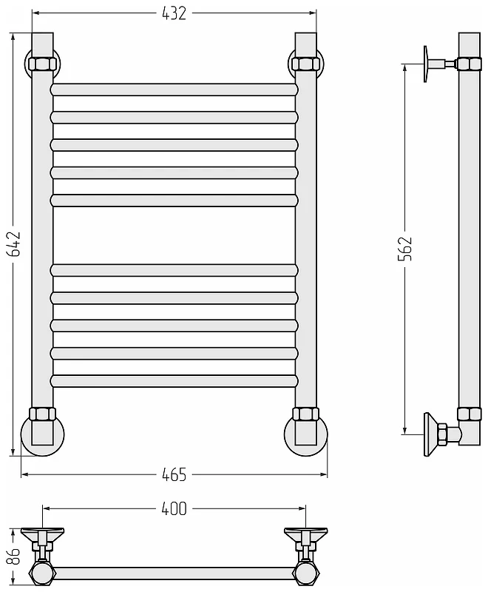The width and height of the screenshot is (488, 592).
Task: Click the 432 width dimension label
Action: [x=174, y=13]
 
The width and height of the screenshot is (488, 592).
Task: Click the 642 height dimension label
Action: [x=15, y=243]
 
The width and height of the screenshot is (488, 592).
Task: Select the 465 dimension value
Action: [x=174, y=474]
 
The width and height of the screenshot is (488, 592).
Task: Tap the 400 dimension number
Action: [x=174, y=508]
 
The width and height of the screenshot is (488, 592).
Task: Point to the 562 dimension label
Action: [x=405, y=249]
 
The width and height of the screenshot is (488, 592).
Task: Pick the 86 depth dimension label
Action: [x=15, y=556]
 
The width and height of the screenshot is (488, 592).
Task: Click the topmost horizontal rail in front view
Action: [x=174, y=90]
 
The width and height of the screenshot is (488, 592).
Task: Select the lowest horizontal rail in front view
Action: [x=174, y=381]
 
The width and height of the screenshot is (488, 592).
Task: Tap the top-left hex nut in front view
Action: [x=42, y=64]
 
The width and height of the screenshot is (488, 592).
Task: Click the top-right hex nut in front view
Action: [x=305, y=64]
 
